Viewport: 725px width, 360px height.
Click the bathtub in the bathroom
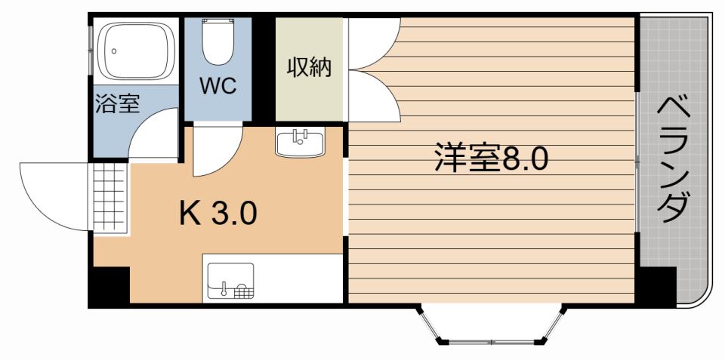pyautogui.click(x=136, y=51)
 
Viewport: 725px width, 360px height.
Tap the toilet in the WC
pyautogui.click(x=218, y=43)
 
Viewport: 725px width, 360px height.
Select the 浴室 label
pyautogui.click(x=117, y=104)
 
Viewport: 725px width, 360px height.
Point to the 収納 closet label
pyautogui.click(x=309, y=68)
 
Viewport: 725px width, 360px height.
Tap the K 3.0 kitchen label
pyautogui.click(x=218, y=214)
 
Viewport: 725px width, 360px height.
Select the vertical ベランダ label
pyautogui.click(x=671, y=159)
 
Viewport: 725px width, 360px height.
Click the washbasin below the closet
pyautogui.click(x=300, y=142)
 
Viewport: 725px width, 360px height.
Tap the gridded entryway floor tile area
pyautogui.click(x=110, y=195)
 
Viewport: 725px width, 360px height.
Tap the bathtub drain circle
pyautogui.click(x=113, y=52)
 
